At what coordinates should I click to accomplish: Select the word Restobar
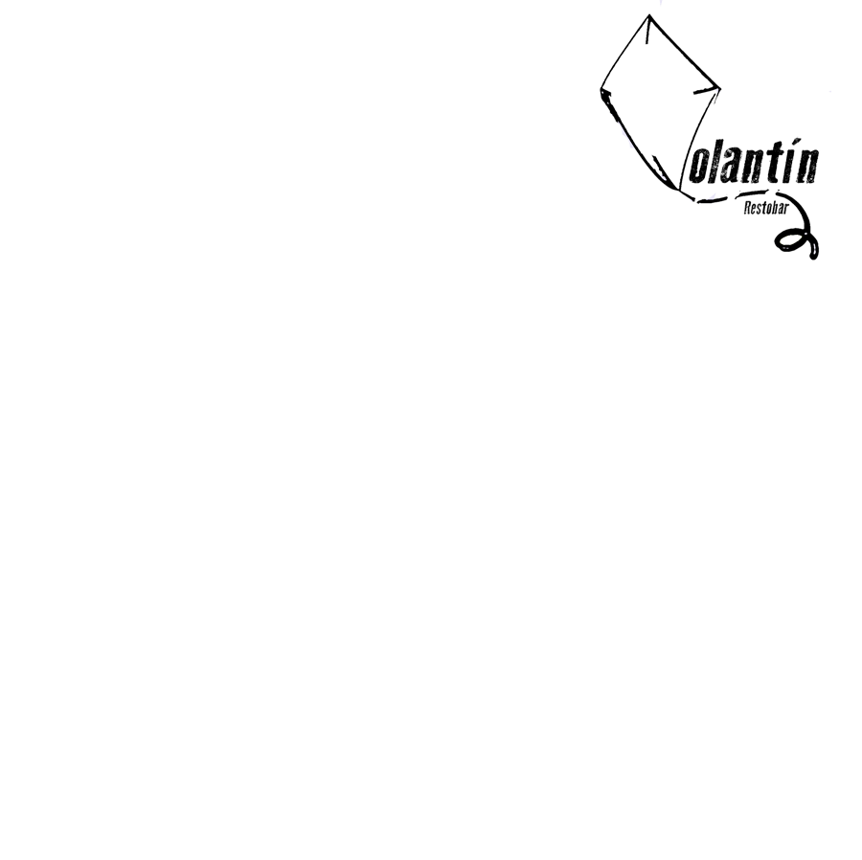(x=766, y=208)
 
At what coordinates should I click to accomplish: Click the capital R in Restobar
(x=747, y=208)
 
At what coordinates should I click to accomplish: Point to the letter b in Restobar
(x=774, y=208)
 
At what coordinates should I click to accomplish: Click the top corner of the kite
(x=649, y=15)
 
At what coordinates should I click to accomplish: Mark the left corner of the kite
(x=601, y=90)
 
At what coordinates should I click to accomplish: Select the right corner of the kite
(x=720, y=87)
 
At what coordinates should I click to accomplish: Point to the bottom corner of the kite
(x=679, y=191)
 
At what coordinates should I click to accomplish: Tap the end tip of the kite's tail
(x=814, y=255)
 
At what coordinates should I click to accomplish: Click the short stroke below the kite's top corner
(x=648, y=32)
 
